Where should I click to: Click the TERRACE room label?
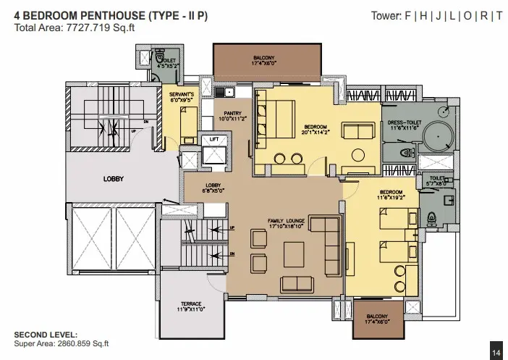click(191, 304)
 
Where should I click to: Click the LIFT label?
click(213, 139)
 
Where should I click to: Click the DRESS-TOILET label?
click(405, 123)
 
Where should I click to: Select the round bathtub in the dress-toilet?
click(437, 137)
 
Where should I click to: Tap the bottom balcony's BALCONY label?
click(377, 317)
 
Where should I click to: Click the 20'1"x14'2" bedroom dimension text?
click(316, 133)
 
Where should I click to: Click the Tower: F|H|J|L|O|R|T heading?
click(436, 16)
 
